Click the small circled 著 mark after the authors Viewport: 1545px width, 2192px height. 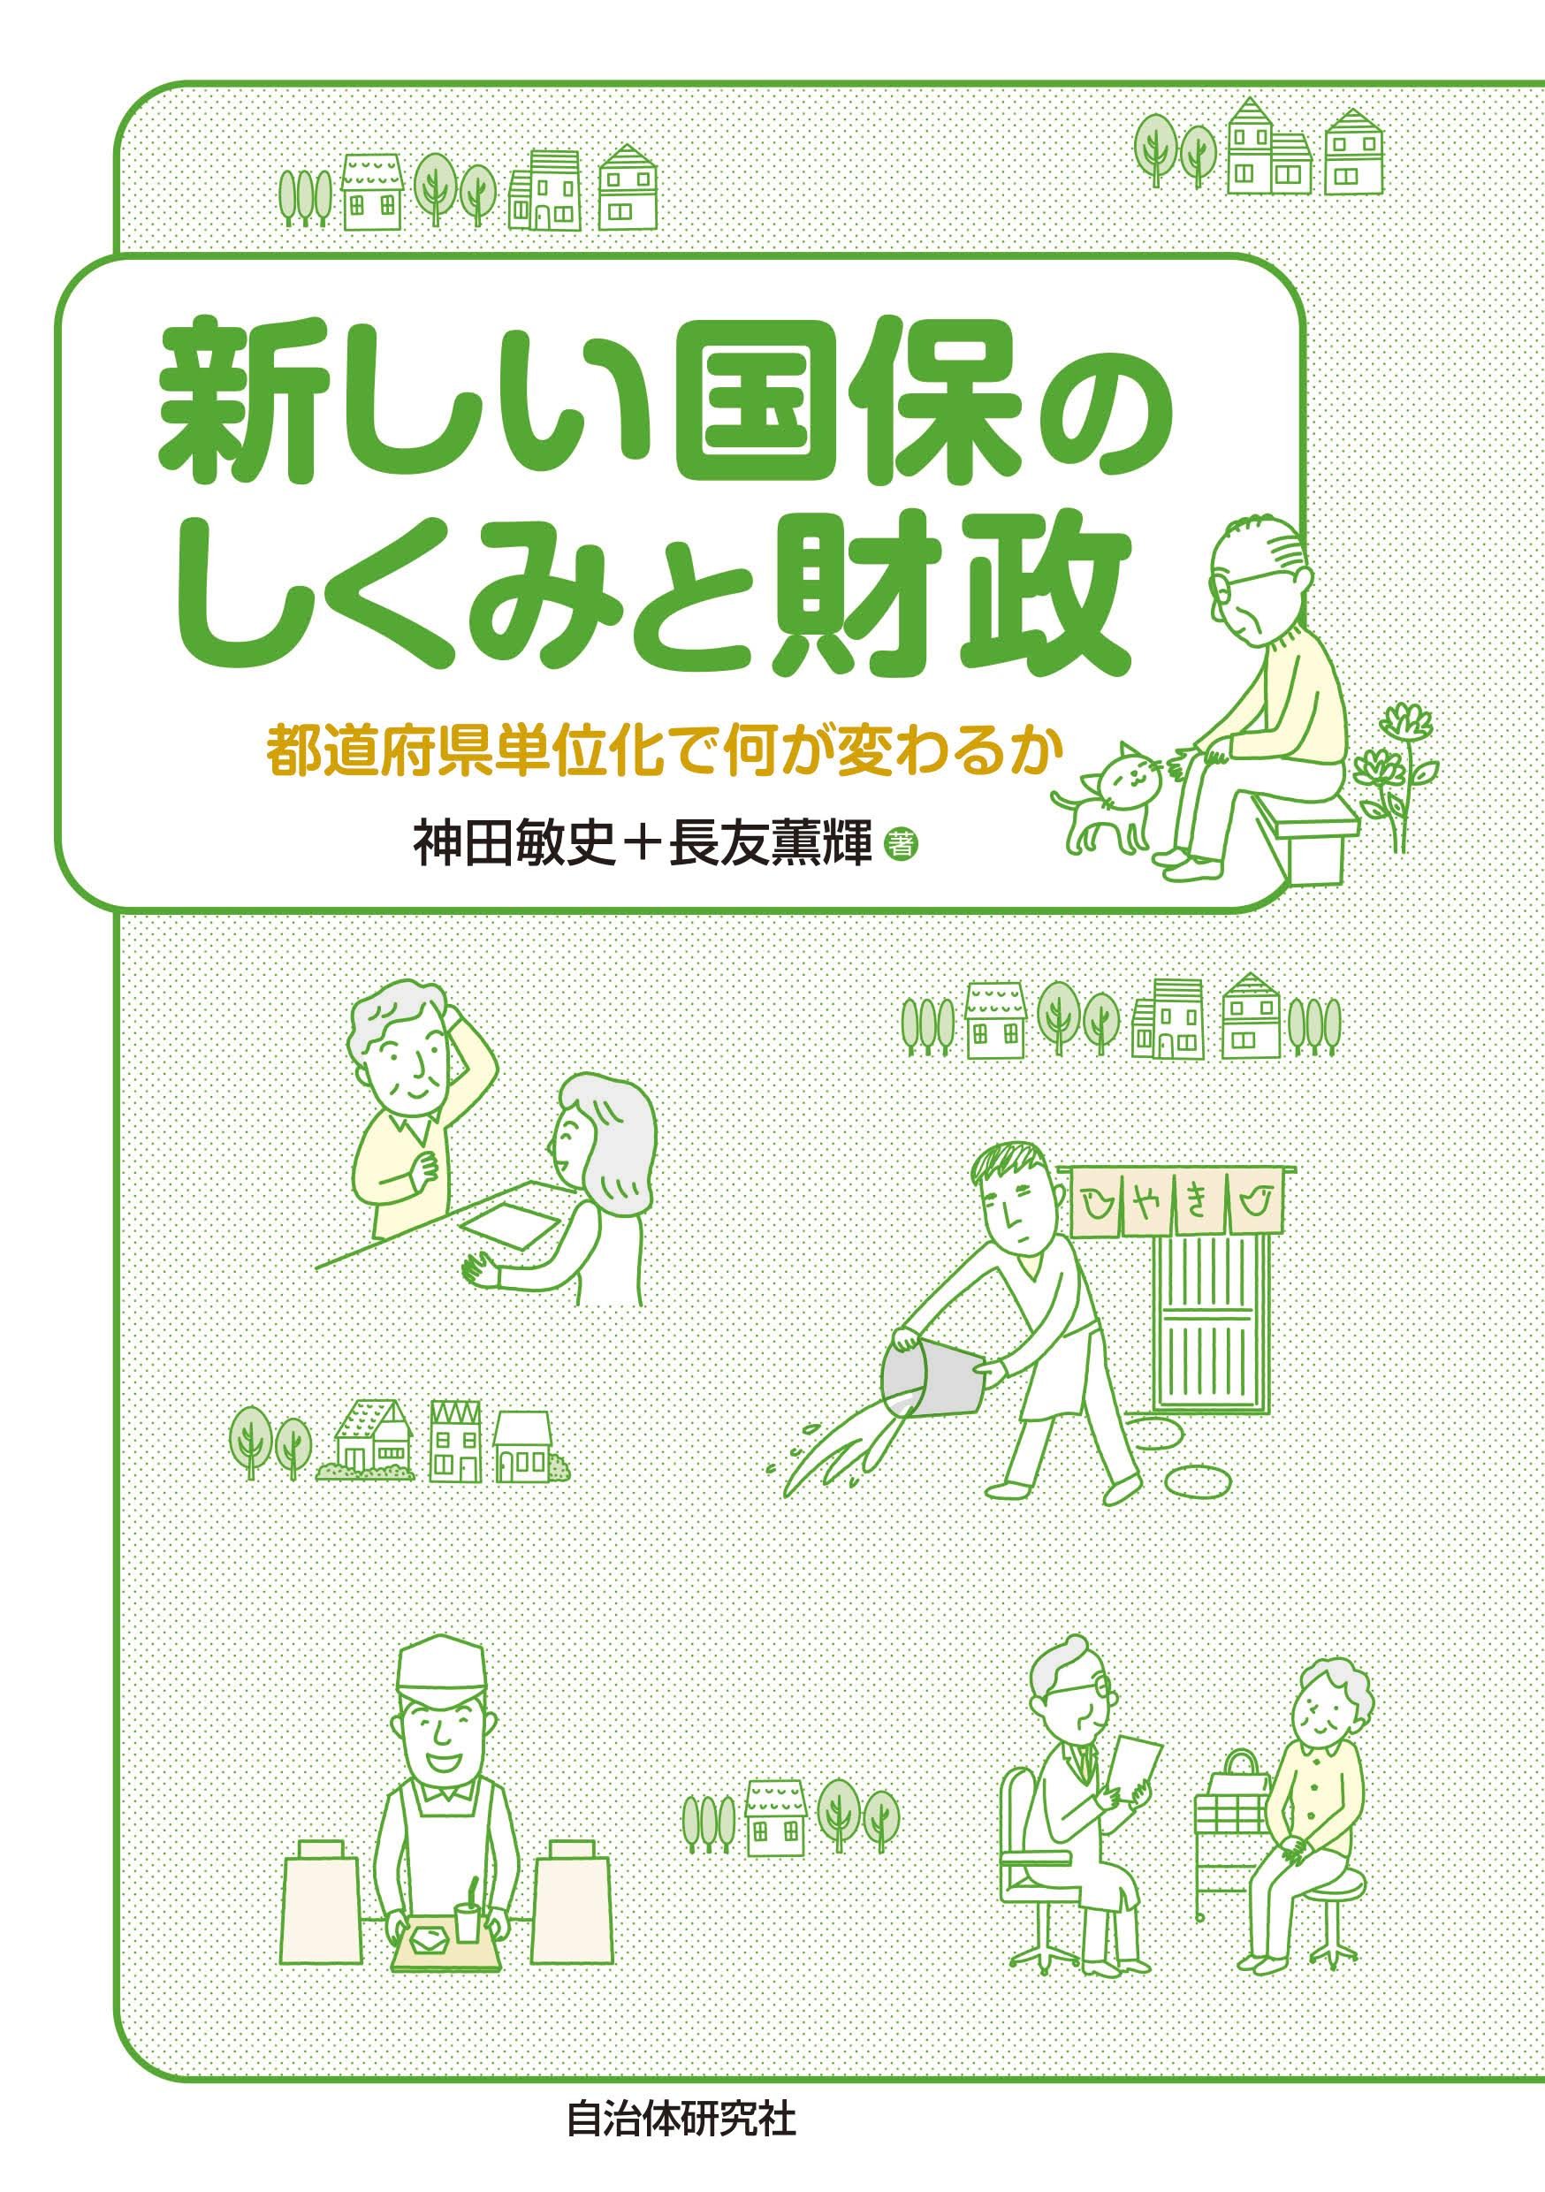click(x=899, y=843)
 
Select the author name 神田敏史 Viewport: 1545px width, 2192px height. click(x=514, y=844)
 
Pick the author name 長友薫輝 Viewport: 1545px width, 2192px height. click(x=771, y=844)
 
